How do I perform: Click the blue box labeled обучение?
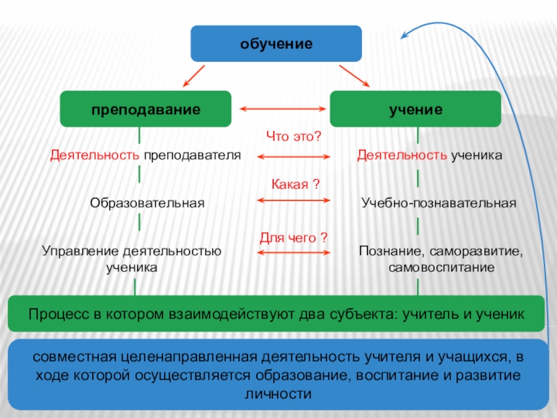[276, 43]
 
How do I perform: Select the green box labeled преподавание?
[145, 109]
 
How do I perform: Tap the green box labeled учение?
[415, 109]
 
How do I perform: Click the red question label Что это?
[293, 137]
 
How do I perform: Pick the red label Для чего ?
[293, 238]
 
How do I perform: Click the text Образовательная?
[147, 203]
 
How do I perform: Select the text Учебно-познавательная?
[439, 203]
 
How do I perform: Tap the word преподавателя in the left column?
[192, 155]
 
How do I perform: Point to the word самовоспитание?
[441, 267]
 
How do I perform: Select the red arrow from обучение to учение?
[355, 76]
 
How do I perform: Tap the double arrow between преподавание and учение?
[283, 109]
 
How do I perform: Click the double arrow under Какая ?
[293, 201]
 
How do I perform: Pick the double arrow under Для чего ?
[293, 251]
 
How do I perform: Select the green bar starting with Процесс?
[276, 313]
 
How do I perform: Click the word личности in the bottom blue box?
[277, 394]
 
